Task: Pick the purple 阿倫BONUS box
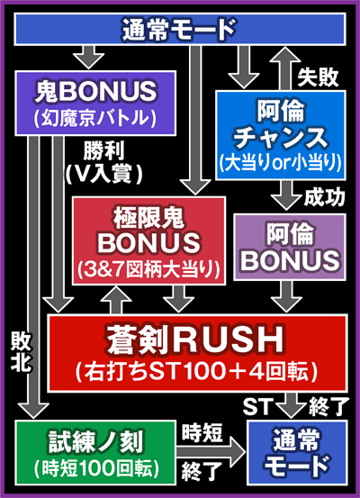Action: point(289,245)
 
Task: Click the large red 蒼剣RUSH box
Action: point(195,349)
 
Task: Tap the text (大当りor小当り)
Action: point(280,162)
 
